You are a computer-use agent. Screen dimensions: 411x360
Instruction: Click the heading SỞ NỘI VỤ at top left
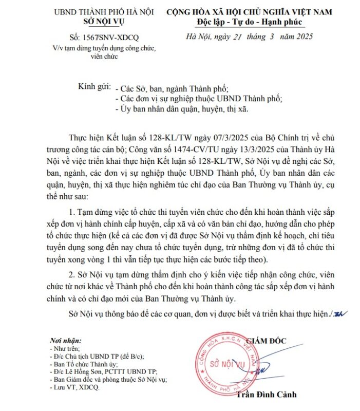coord(104,22)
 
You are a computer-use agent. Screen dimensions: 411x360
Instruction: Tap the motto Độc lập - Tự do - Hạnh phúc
coord(249,22)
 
